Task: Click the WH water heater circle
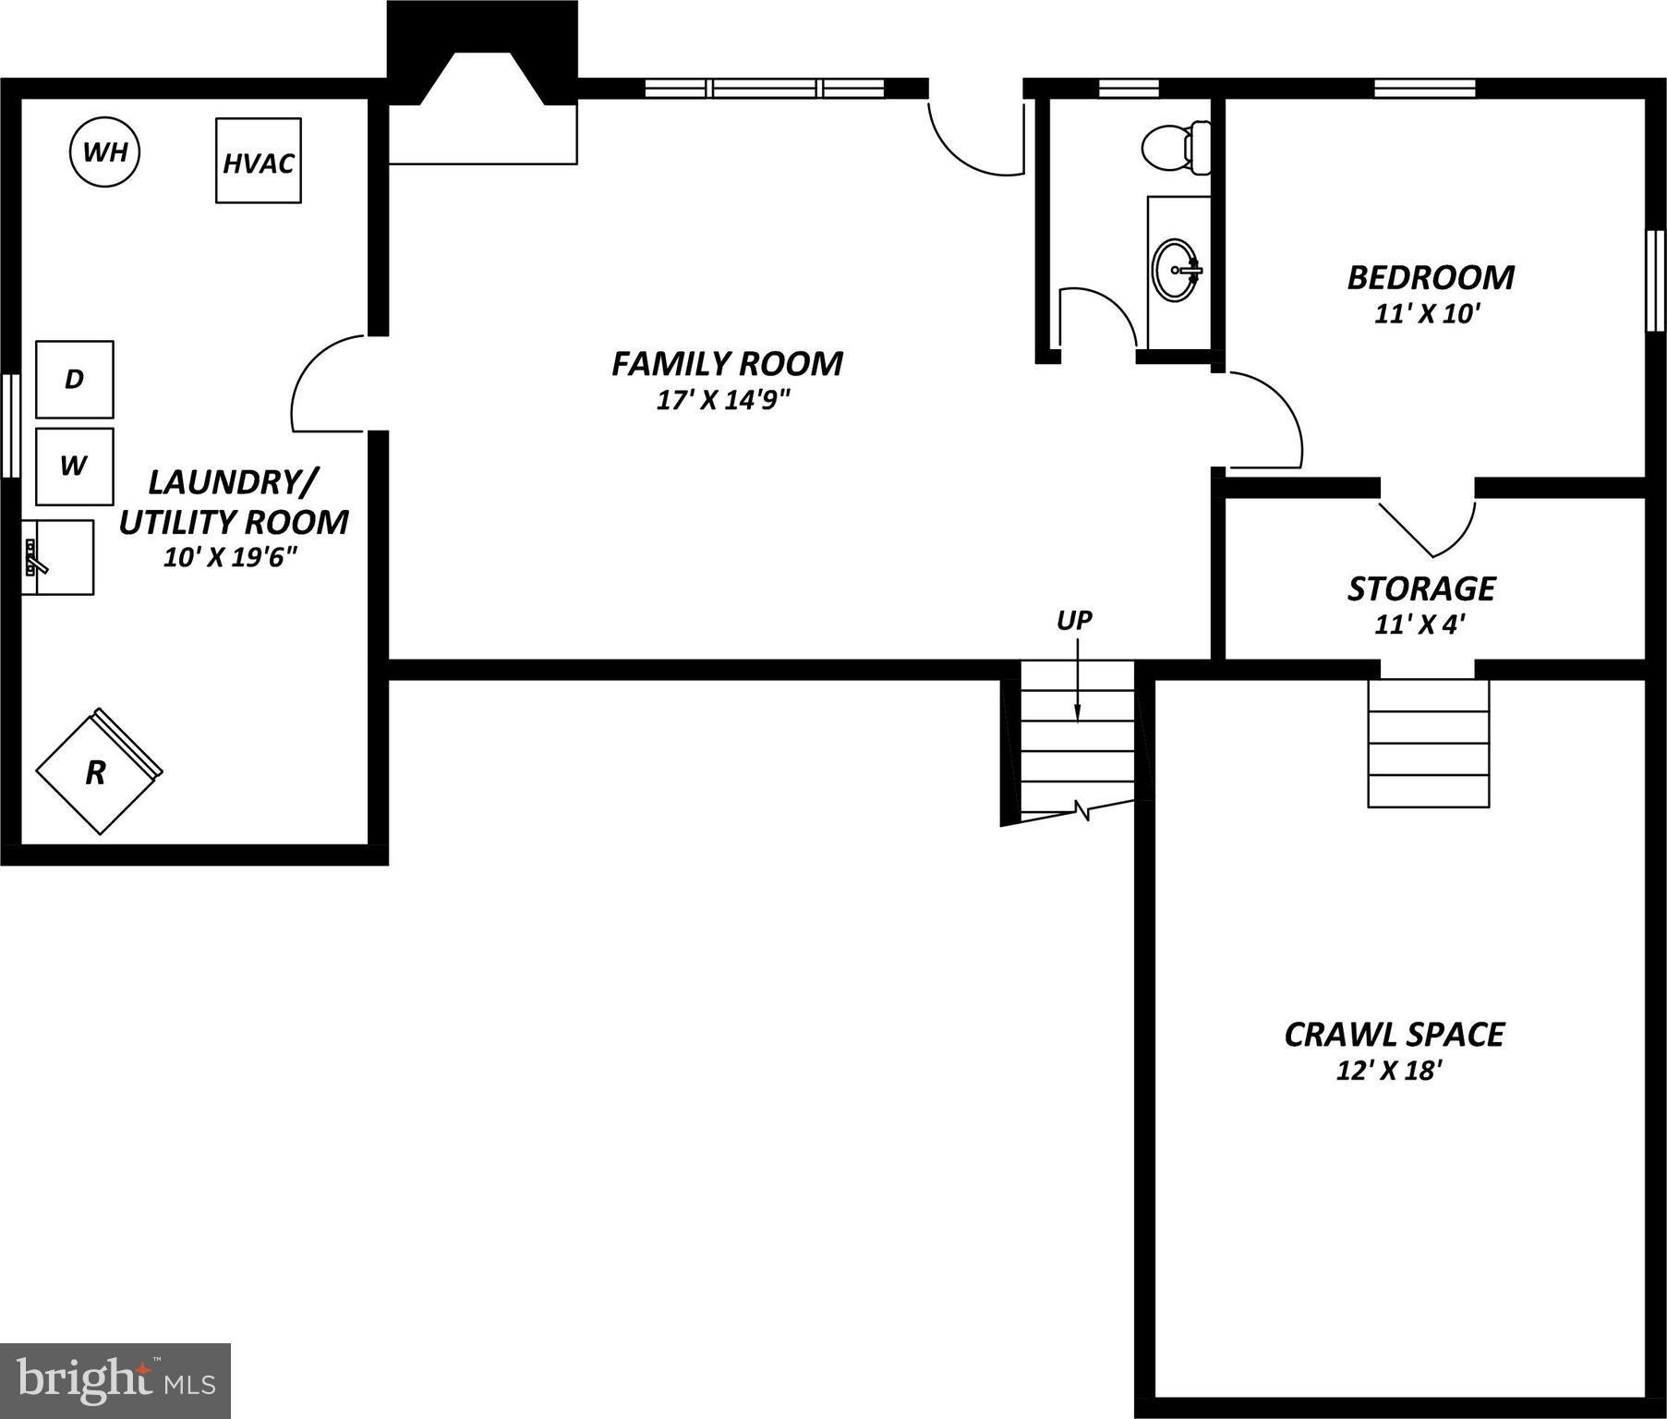pyautogui.click(x=105, y=152)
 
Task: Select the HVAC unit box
pyautogui.click(x=259, y=161)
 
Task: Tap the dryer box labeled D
pyautogui.click(x=75, y=379)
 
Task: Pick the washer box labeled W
pyautogui.click(x=75, y=466)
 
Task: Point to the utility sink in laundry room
pyautogui.click(x=58, y=557)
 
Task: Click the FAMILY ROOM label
pyautogui.click(x=727, y=364)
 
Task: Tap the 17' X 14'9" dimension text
pyautogui.click(x=724, y=400)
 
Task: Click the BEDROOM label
pyautogui.click(x=1430, y=277)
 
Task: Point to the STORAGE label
pyautogui.click(x=1420, y=588)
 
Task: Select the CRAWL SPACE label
pyautogui.click(x=1394, y=1034)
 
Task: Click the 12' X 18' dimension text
pyautogui.click(x=1389, y=1071)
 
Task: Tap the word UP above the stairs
pyautogui.click(x=1074, y=621)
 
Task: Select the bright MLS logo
pyautogui.click(x=115, y=1380)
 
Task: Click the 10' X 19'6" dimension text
pyautogui.click(x=231, y=557)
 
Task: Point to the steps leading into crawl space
pyautogui.click(x=1428, y=744)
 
